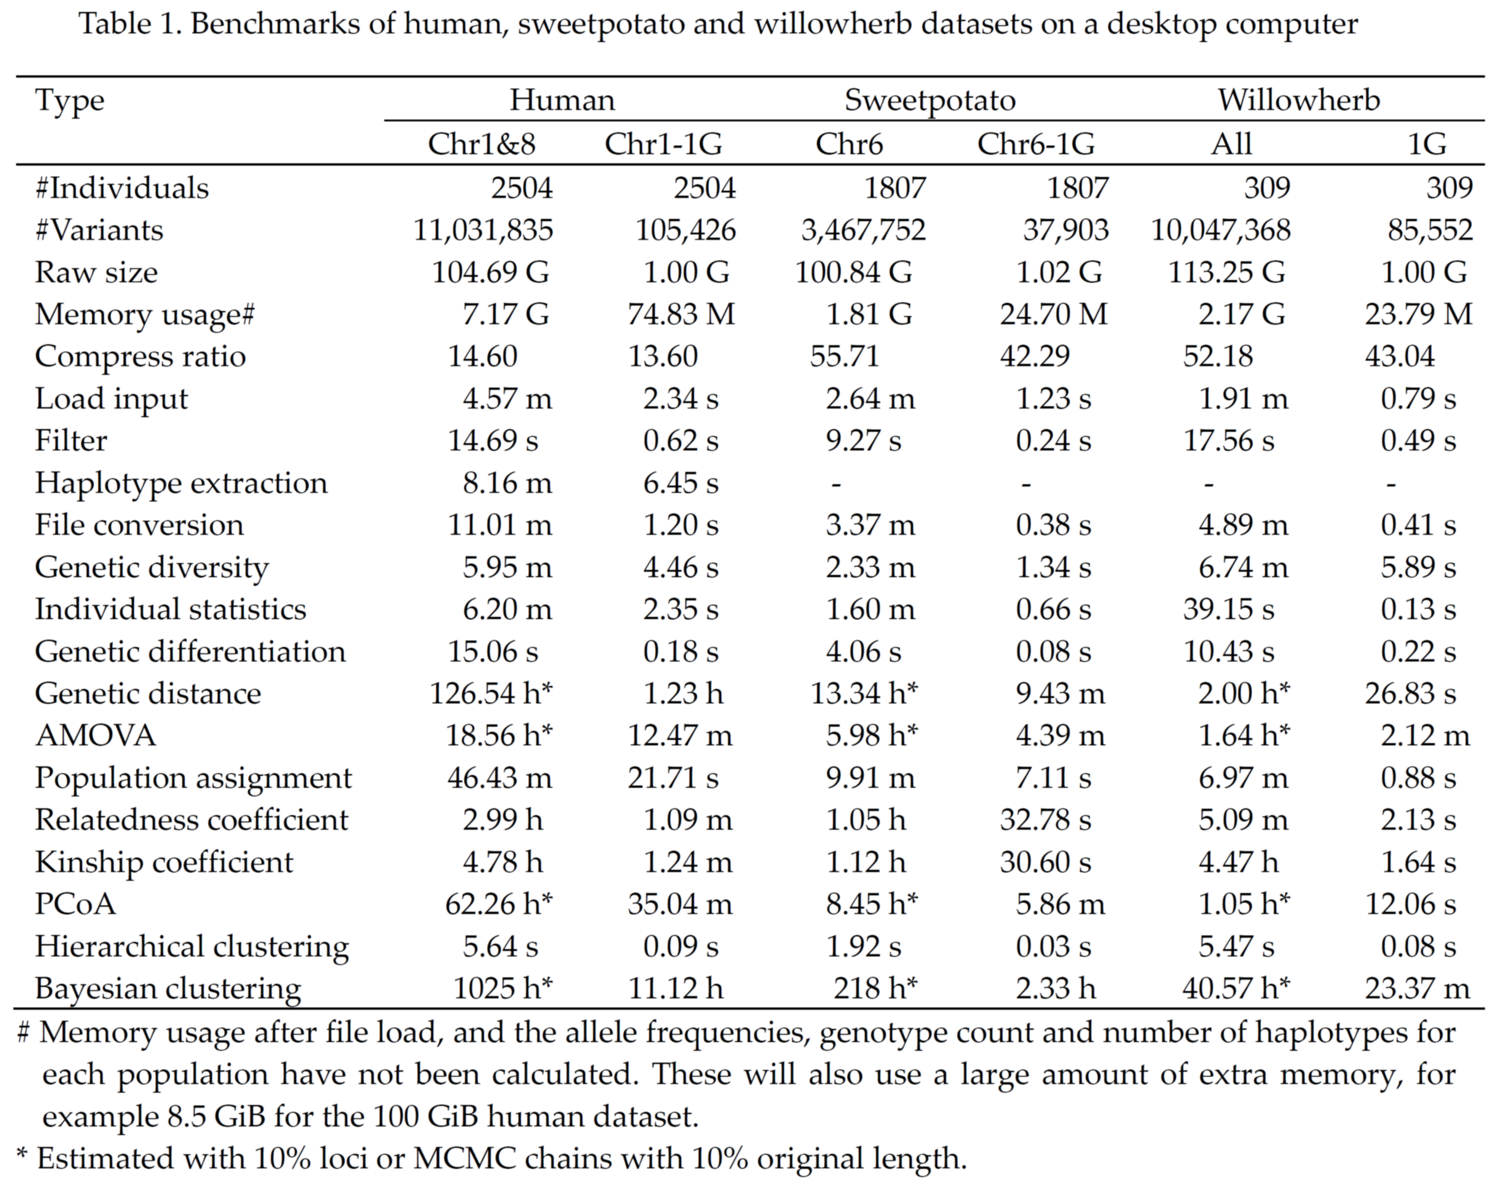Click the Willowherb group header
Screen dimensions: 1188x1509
pyautogui.click(x=1298, y=101)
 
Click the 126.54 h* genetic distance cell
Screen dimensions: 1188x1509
pyautogui.click(x=491, y=693)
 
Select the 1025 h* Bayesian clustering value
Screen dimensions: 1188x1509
pyautogui.click(x=502, y=988)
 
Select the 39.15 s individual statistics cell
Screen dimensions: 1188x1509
pyautogui.click(x=1229, y=609)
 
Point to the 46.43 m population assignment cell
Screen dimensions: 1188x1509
pyautogui.click(x=499, y=778)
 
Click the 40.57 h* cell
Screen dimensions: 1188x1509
pyautogui.click(x=1236, y=988)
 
